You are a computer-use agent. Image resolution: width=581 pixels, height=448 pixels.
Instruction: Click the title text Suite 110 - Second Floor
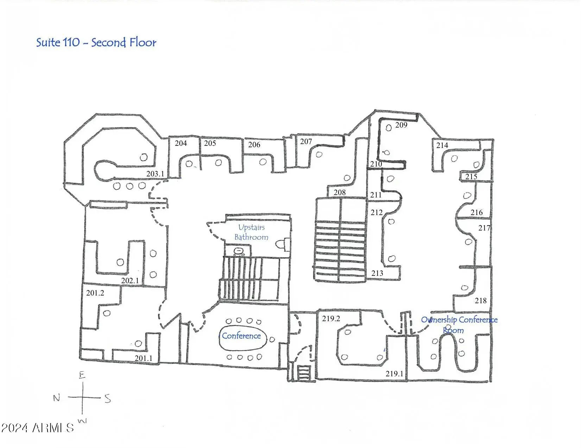coord(96,43)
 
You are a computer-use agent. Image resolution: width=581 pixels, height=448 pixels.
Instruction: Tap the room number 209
coord(401,125)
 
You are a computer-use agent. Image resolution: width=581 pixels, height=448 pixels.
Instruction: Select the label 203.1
coord(155,174)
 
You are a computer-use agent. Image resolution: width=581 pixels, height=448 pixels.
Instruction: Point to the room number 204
coord(181,143)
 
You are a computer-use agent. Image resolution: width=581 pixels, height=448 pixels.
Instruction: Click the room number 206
coord(254,145)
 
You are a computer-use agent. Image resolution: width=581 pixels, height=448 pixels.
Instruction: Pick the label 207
coord(306,141)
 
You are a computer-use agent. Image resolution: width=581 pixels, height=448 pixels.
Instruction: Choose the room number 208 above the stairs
coord(340,192)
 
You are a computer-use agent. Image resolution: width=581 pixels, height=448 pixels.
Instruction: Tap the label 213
coord(377,273)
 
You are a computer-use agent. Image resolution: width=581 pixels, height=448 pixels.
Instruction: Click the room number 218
coord(481,300)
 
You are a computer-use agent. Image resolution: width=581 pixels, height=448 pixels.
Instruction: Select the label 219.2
coord(331,318)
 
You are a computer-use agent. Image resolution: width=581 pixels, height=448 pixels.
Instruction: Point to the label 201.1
coord(144,358)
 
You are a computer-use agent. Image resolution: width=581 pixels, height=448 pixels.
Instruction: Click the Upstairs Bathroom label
coord(251,232)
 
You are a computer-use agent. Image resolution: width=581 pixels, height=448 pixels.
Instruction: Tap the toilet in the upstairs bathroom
coord(283,244)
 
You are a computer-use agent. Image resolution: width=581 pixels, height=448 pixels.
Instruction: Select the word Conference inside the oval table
coord(241,336)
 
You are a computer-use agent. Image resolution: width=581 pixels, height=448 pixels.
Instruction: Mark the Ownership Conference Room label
coord(459,325)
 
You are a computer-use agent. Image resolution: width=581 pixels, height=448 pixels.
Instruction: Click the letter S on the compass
coord(108,398)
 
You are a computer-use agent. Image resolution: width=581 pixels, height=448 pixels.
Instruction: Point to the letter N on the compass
coord(57,398)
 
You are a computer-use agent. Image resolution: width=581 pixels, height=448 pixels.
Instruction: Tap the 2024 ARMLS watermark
coord(37,428)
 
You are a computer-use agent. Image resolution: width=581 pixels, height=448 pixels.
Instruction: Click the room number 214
coord(442,145)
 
